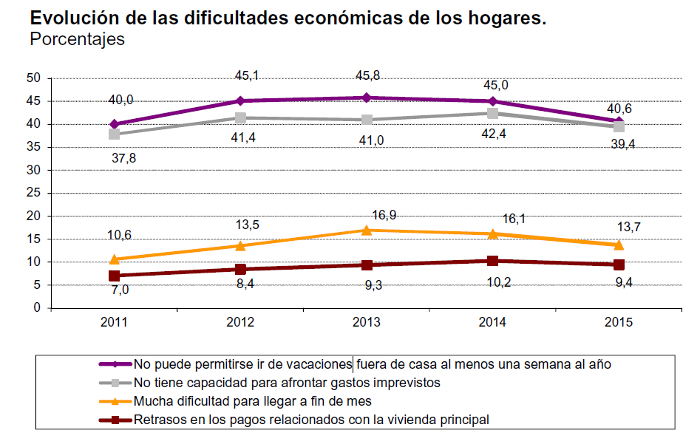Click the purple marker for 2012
click(x=240, y=100)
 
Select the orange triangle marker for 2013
click(x=367, y=230)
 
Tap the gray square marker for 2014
click(x=492, y=113)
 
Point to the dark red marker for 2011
click(x=115, y=276)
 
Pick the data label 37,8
click(x=123, y=157)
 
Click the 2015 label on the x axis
click(x=618, y=322)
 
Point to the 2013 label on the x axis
click(x=367, y=322)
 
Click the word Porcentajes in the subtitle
click(x=77, y=39)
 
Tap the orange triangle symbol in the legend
click(x=115, y=401)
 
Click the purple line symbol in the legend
click(x=115, y=364)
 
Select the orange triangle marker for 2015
click(x=618, y=245)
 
